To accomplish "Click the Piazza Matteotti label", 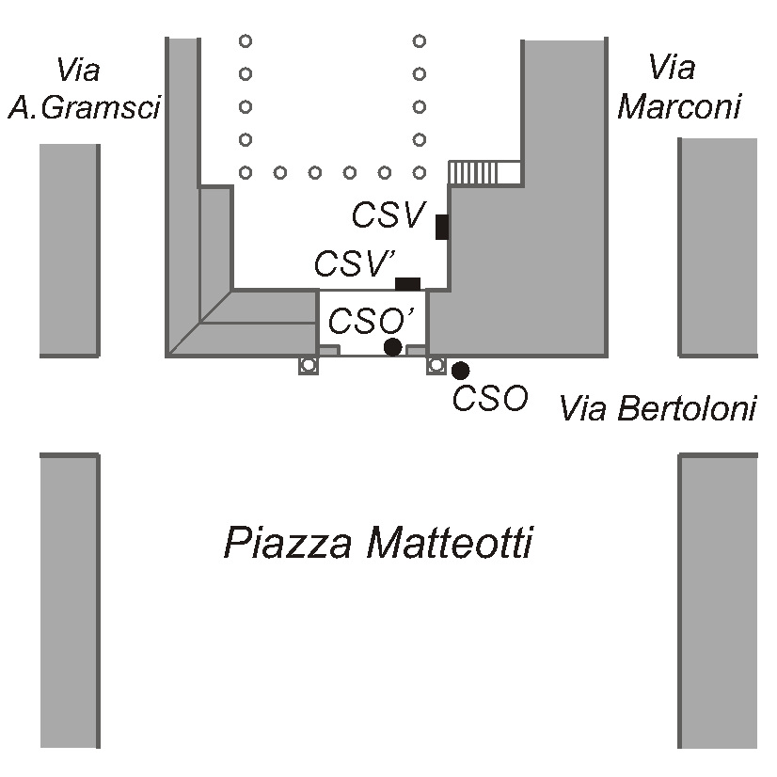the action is pos(378,543).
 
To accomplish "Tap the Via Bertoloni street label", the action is pos(658,408).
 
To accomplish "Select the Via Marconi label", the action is pos(679,87).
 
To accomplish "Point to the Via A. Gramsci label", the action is pos(85,89).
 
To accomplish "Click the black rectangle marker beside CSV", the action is pos(442,227).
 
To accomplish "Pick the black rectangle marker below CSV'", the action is pos(408,284).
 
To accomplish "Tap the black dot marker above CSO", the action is pos(461,371).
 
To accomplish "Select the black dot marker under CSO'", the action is pos(393,347).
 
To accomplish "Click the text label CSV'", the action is pos(355,263).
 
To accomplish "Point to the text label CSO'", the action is pos(372,321).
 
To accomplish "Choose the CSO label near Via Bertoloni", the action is pos(490,398).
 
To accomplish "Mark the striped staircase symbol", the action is pos(484,173).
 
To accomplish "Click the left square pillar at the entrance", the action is pos(309,365).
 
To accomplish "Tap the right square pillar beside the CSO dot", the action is pos(436,365).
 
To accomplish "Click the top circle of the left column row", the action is pos(246,40).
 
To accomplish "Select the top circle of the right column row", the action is pos(420,40).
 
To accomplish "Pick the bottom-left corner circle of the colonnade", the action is pos(246,172).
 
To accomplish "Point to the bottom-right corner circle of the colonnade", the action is pos(420,172).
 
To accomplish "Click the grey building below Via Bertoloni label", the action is pos(718,600).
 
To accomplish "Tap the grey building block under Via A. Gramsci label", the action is pos(70,250).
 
